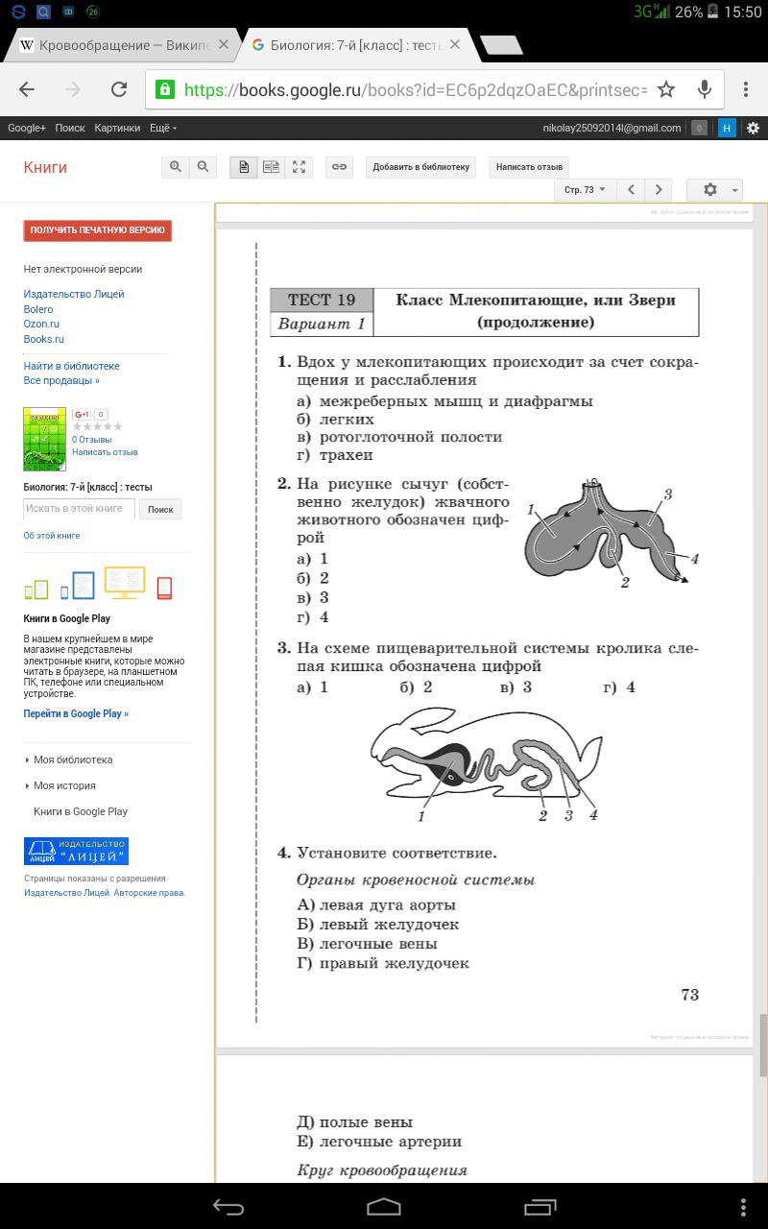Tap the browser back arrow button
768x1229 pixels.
[27, 89]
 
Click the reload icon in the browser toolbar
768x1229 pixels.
[119, 89]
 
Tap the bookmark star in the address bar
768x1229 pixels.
[666, 89]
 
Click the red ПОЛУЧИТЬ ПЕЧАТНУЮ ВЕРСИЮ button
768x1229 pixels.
[98, 230]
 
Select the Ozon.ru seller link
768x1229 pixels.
[41, 325]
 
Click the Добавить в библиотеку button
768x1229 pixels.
[421, 167]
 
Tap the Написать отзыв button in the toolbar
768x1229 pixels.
[529, 167]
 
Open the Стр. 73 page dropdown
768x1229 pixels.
[584, 190]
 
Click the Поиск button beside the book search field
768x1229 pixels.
[160, 509]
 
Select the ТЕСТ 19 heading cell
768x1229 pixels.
[322, 300]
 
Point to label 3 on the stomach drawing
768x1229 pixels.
[667, 494]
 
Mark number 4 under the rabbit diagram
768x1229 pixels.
[593, 815]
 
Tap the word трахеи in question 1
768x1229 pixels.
[346, 455]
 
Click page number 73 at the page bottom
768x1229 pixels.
[689, 995]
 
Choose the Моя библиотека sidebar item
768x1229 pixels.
[73, 759]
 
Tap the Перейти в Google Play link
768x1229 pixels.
[76, 713]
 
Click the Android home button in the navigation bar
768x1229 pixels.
[384, 1206]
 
